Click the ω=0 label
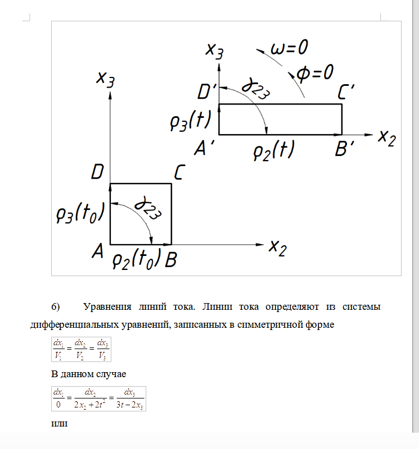(x=289, y=48)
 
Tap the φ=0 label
(x=314, y=73)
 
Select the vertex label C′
(x=346, y=91)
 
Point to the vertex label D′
(x=206, y=91)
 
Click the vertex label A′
(x=204, y=148)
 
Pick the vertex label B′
(x=344, y=148)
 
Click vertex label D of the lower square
(x=97, y=172)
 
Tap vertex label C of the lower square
(x=179, y=172)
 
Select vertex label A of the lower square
(x=97, y=251)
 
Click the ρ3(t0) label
(x=80, y=213)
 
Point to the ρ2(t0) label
(x=137, y=259)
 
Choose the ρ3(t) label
(x=191, y=121)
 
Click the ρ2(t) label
(x=274, y=150)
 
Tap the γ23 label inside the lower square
(x=147, y=208)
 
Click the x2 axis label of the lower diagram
(x=277, y=248)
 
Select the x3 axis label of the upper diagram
(x=214, y=51)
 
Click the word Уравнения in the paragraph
(x=107, y=306)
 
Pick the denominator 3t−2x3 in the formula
(x=130, y=405)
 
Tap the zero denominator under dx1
(x=58, y=405)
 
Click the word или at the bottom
(x=60, y=424)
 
